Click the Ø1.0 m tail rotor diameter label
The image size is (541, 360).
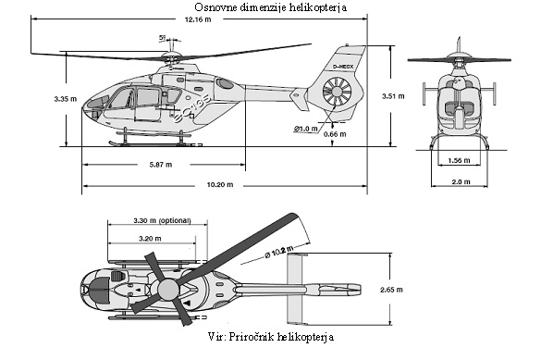click(307, 128)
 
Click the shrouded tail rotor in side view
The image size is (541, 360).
click(338, 93)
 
